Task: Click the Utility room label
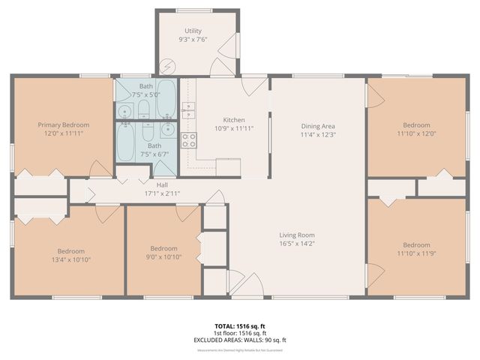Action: click(x=193, y=31)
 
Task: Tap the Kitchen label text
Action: click(x=235, y=120)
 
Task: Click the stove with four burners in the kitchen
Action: click(x=188, y=139)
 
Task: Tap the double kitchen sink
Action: click(x=188, y=110)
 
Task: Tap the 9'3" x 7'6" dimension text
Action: click(x=193, y=39)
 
